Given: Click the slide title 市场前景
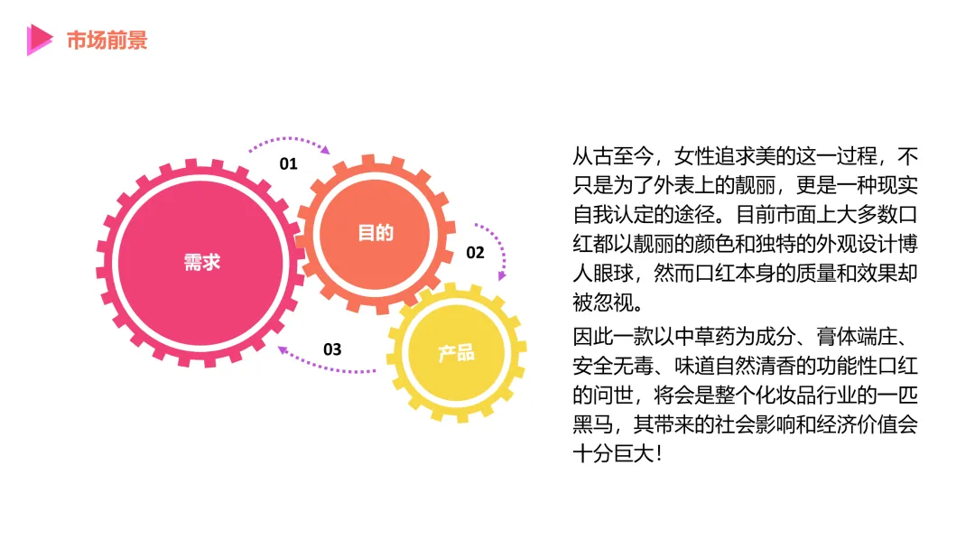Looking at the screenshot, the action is click(x=107, y=40).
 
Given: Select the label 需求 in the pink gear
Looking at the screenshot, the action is click(x=201, y=263).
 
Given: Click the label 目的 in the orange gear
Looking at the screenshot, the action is click(x=376, y=233).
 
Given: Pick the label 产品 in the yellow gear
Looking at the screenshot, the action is click(x=457, y=352).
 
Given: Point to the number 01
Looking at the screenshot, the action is click(x=288, y=164).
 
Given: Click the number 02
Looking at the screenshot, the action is click(x=475, y=253).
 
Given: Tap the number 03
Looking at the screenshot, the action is click(x=332, y=349).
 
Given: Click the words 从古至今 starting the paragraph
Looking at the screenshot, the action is click(x=614, y=155).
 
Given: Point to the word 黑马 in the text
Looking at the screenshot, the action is click(x=593, y=424).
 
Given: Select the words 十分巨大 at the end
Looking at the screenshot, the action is click(x=614, y=453).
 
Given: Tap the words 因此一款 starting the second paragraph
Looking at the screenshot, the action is click(x=614, y=339).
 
